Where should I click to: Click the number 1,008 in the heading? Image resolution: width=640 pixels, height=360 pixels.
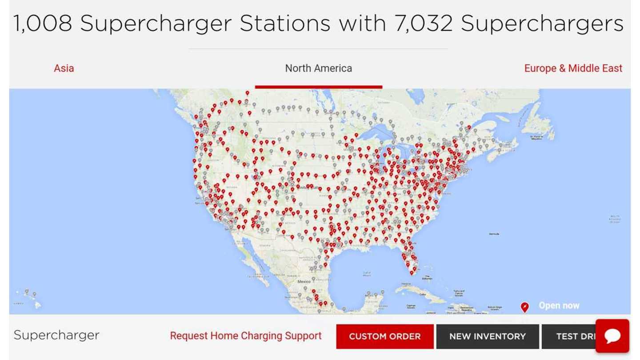[x=42, y=24]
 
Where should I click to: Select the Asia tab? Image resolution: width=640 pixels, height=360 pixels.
[x=64, y=68]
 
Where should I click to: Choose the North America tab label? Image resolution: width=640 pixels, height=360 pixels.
[x=318, y=68]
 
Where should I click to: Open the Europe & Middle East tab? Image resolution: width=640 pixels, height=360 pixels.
[x=573, y=68]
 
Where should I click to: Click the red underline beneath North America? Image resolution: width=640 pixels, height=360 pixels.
[x=318, y=87]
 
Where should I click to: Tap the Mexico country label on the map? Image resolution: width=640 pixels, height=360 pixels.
[x=304, y=282]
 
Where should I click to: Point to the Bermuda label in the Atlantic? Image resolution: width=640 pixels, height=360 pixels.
[x=494, y=234]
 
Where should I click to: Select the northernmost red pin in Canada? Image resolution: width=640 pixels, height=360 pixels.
[x=248, y=93]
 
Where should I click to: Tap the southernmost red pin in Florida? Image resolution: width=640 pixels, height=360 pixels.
[x=411, y=272]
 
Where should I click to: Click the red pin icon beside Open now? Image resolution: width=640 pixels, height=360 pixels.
[x=524, y=307]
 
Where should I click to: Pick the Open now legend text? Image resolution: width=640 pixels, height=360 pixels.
[x=559, y=306]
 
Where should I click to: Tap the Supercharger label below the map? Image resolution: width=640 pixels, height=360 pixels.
[x=56, y=335]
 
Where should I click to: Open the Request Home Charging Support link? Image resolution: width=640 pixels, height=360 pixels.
[x=245, y=336]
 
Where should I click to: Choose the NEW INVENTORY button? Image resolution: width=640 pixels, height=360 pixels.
[x=487, y=336]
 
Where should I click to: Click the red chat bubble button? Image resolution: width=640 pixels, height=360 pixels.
[x=612, y=336]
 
